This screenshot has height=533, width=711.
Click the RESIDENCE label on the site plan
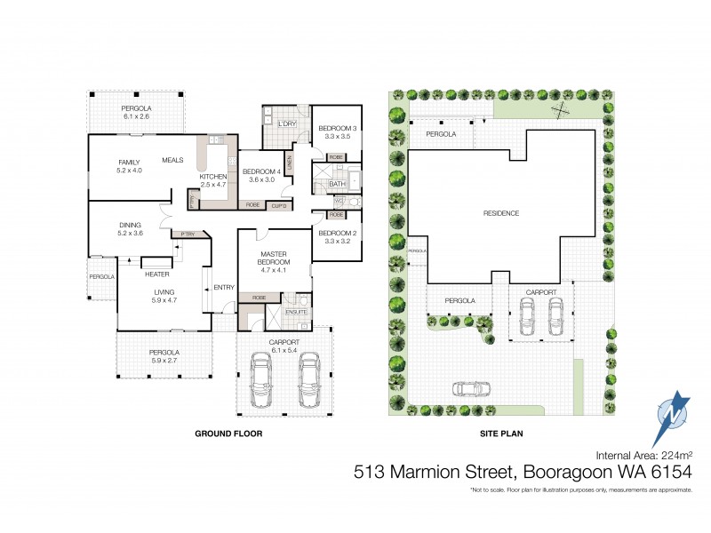pyautogui.click(x=501, y=213)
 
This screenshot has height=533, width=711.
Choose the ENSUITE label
pyautogui.click(x=299, y=312)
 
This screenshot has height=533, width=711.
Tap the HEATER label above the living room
pyautogui.click(x=157, y=274)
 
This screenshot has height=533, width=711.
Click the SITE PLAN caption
pyautogui.click(x=501, y=435)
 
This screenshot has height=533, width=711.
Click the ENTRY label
pyautogui.click(x=225, y=286)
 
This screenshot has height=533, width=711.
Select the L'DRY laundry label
pyautogui.click(x=286, y=123)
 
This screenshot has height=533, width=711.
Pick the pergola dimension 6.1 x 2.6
pyautogui.click(x=136, y=116)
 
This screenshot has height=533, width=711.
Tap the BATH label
pyautogui.click(x=337, y=184)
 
